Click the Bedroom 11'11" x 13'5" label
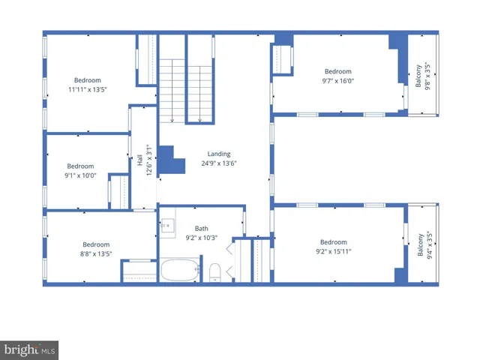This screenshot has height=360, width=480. pos(87,85)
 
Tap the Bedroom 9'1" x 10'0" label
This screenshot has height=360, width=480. pos(80,170)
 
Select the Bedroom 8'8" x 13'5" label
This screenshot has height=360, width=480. pos(96,248)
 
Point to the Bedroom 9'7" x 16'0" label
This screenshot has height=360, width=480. pos(337,76)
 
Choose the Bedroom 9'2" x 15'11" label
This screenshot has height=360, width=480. pos(334,247)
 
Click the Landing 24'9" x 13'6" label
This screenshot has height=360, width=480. pos(219,158)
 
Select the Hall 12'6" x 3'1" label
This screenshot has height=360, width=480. pos(144,160)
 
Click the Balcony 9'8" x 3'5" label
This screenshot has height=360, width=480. pos(423,76)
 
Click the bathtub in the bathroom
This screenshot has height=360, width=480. pos(180,270)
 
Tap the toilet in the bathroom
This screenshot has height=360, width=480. pos(214,271)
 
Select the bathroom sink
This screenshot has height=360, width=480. pos(168,224)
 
